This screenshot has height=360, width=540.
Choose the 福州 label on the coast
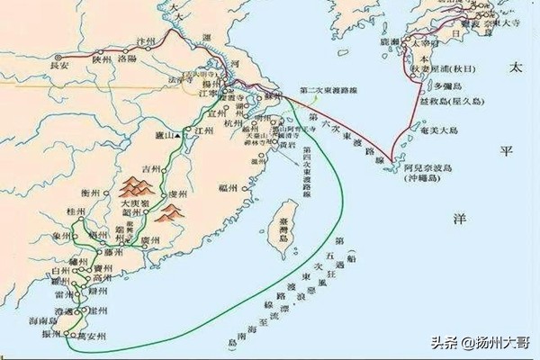point(229,188)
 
